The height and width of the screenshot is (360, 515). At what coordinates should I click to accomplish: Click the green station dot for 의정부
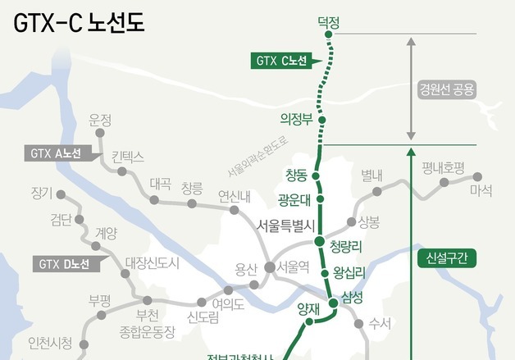click(322, 120)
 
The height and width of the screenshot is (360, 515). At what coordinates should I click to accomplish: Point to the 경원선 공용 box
click(447, 89)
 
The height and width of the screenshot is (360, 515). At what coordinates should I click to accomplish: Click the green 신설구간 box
click(446, 258)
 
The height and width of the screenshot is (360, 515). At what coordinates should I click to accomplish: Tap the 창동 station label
click(296, 175)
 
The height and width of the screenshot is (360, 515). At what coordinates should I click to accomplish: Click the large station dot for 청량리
click(320, 241)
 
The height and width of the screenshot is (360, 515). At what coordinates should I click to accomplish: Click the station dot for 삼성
click(334, 303)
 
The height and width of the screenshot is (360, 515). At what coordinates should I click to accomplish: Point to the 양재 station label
click(306, 308)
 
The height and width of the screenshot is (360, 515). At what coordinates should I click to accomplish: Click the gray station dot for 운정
click(102, 132)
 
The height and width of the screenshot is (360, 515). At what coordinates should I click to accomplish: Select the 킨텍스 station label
click(127, 155)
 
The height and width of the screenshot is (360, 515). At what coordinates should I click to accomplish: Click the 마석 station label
click(481, 190)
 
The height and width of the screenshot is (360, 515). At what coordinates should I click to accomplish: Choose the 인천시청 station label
click(50, 342)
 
